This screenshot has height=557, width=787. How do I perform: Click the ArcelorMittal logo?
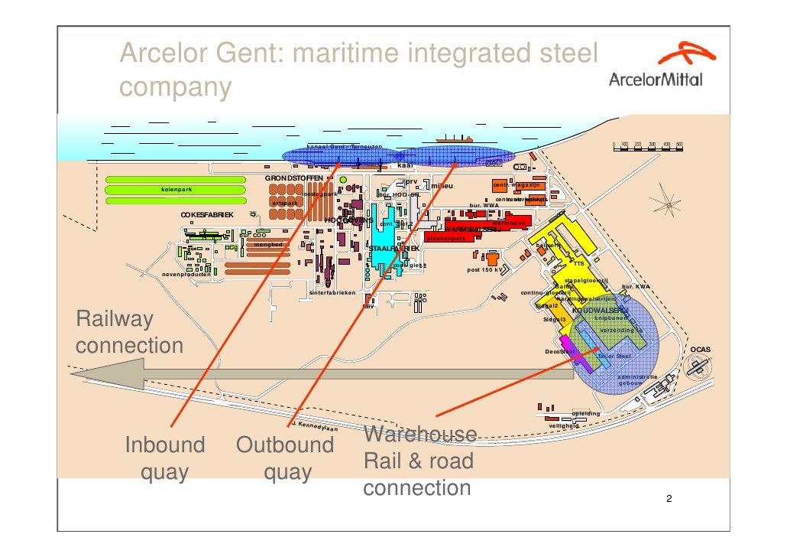coord(656,67)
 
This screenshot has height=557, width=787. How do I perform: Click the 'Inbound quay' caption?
coord(164,458)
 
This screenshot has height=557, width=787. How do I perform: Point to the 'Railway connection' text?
coord(129,332)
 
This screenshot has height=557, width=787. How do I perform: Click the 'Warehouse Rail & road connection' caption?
coord(419,461)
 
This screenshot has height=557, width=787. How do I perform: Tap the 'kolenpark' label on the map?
coord(177,190)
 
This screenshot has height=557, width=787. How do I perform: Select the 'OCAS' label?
coord(701,350)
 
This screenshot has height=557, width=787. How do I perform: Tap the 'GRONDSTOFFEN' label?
coord(294,178)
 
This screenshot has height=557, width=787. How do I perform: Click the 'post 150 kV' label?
coord(484,269)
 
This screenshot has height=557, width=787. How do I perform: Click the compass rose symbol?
coord(668,206)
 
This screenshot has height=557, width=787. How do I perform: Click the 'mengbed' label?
coord(268,245)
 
